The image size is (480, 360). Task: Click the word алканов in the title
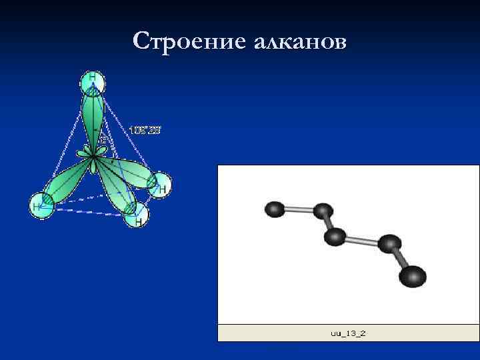pyautogui.click(x=299, y=41)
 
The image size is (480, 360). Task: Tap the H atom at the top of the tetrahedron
pyautogui.click(x=93, y=82)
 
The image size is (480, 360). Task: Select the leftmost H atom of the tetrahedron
pyautogui.click(x=41, y=204)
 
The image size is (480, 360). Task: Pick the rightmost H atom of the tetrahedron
pyautogui.click(x=159, y=185)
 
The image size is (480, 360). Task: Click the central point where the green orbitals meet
pyautogui.click(x=95, y=155)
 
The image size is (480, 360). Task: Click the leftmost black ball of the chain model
pyautogui.click(x=274, y=209)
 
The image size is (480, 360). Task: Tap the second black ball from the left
pyautogui.click(x=323, y=211)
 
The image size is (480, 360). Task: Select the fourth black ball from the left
pyautogui.click(x=389, y=244)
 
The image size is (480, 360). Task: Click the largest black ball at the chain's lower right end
pyautogui.click(x=413, y=275)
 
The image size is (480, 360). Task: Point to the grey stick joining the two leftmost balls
pyautogui.click(x=299, y=210)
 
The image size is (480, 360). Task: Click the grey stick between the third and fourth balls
pyautogui.click(x=363, y=240)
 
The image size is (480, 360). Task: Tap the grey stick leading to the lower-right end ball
pyautogui.click(x=400, y=259)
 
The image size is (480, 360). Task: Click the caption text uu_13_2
pyautogui.click(x=349, y=331)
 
